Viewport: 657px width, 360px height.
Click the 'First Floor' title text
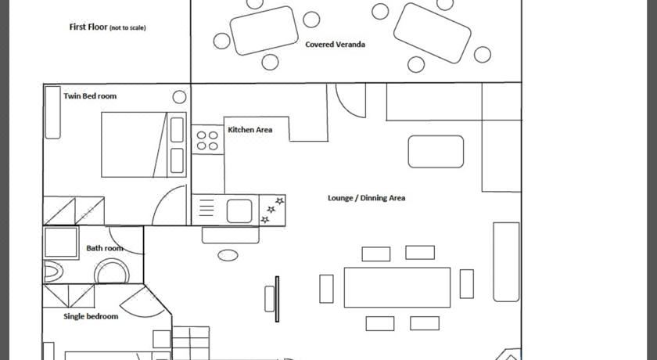(88, 27)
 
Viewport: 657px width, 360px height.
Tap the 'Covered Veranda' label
(336, 45)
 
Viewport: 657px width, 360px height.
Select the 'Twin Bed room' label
(90, 96)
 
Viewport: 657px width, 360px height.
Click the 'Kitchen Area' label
(250, 130)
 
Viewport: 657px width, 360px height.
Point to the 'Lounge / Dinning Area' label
(366, 198)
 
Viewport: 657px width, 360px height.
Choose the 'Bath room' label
(104, 248)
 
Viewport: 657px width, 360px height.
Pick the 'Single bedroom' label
(91, 316)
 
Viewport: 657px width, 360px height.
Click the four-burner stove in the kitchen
(208, 140)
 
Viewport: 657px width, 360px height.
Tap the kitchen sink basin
(239, 211)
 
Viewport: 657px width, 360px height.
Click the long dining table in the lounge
(397, 287)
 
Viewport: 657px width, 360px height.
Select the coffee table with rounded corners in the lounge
(436, 151)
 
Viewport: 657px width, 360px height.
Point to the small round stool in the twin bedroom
(179, 97)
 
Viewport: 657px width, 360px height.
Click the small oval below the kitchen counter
(228, 255)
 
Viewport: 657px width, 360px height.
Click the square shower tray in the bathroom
(61, 243)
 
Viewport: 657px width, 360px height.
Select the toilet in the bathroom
(53, 272)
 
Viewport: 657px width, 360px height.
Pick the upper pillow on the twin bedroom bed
(177, 129)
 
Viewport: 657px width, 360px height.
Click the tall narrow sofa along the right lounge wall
(506, 262)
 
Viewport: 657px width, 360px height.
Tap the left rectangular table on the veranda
(264, 31)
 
